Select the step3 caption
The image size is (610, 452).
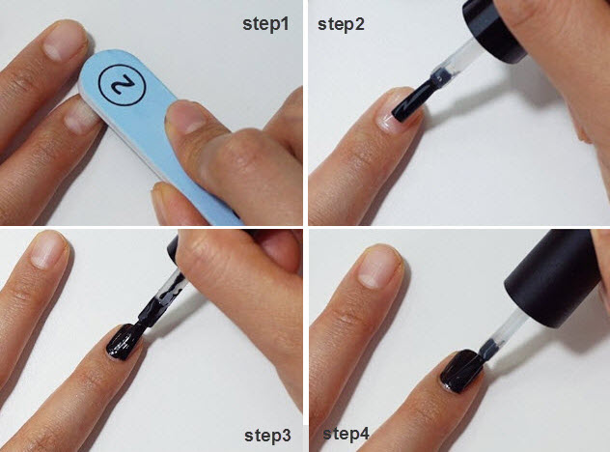(266, 436)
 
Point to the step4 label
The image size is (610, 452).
(347, 433)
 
